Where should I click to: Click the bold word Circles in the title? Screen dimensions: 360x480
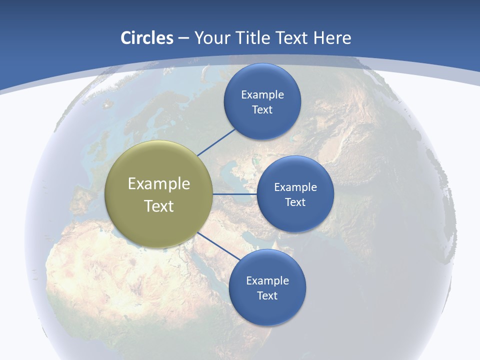point(146,38)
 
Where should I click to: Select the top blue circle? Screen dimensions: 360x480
point(262,80)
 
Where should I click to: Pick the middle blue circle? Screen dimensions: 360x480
point(295,220)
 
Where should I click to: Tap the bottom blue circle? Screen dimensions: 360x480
point(267,310)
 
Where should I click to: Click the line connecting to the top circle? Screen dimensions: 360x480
point(216,142)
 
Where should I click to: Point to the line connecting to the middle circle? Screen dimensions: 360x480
point(234,194)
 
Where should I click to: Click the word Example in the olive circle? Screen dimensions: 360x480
point(159,184)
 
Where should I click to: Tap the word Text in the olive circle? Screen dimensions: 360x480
point(159,206)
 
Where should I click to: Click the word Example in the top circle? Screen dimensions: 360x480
point(262,94)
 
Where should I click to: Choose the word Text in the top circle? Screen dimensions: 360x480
point(262,109)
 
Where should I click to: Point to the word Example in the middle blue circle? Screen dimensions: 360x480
point(295,187)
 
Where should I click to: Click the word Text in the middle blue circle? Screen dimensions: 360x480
point(295,202)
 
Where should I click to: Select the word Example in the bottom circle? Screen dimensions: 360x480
point(267,280)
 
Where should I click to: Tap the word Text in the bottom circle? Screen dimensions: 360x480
point(267,295)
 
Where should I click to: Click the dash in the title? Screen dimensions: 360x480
point(183,38)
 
